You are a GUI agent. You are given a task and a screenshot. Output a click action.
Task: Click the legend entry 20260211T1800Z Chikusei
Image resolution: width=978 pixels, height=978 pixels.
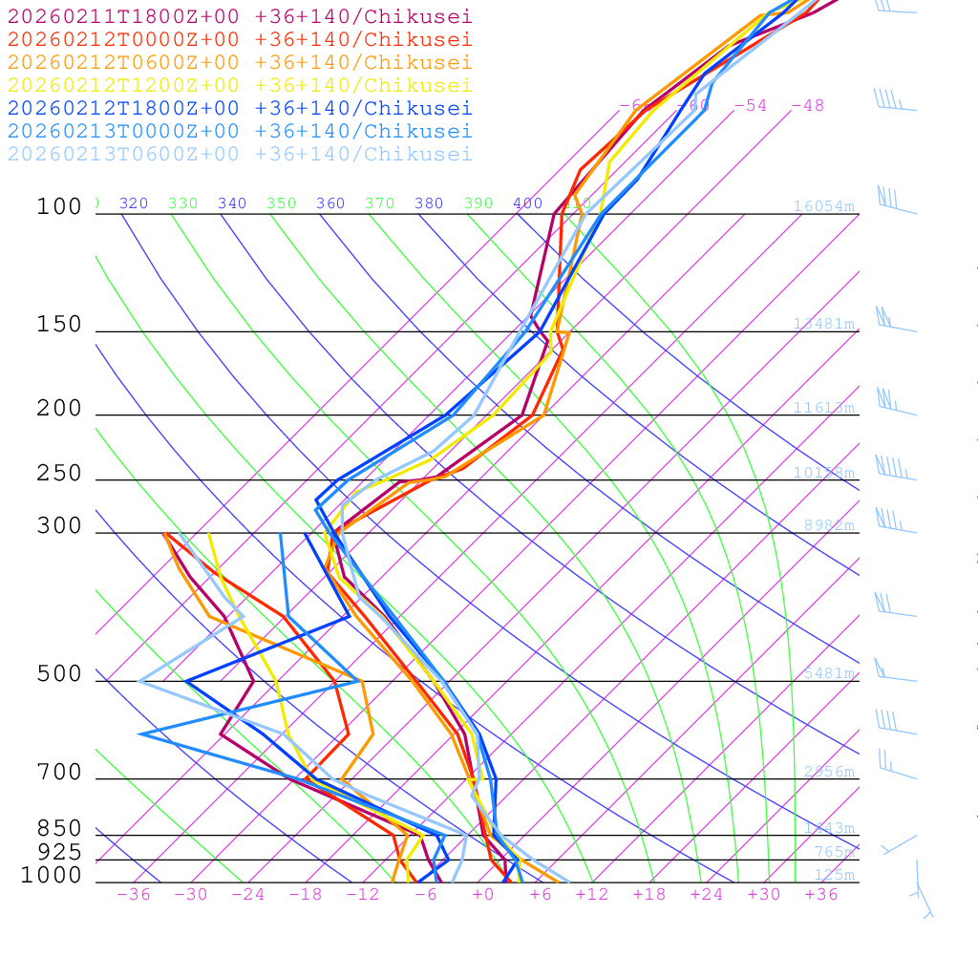(240, 16)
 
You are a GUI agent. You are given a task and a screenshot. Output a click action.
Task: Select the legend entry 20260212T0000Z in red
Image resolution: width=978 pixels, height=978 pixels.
(240, 39)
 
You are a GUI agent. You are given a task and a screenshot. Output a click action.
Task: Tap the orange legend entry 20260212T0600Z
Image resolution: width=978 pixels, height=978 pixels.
(240, 62)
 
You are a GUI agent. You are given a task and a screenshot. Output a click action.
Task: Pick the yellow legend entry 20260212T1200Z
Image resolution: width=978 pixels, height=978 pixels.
(240, 85)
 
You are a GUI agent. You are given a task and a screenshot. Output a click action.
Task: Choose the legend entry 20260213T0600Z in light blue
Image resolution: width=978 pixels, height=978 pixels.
(240, 154)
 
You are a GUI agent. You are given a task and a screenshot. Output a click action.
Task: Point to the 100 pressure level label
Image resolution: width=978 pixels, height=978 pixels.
(59, 206)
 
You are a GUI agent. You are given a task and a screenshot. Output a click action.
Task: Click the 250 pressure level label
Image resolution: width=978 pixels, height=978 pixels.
(59, 474)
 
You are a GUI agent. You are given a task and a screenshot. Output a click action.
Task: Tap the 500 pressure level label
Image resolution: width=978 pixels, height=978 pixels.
(59, 674)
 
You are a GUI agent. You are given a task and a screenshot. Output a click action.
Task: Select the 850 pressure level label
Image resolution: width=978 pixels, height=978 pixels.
(59, 829)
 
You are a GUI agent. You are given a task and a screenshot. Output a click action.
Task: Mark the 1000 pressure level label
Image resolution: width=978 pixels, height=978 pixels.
(52, 875)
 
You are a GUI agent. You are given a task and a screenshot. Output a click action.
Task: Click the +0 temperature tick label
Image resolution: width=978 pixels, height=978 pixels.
(482, 894)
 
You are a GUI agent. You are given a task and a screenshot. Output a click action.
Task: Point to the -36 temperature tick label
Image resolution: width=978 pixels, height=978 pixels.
(133, 894)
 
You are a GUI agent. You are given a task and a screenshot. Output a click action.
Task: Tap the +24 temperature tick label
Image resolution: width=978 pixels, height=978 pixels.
(707, 894)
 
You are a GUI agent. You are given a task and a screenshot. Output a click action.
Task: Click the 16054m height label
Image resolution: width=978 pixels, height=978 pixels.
(823, 206)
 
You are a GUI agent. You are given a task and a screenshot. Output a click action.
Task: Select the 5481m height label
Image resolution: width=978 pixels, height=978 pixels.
(828, 673)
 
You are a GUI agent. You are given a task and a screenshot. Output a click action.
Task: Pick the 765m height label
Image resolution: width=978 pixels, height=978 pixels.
(834, 852)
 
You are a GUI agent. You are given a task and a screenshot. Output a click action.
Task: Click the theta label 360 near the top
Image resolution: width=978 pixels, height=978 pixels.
(330, 203)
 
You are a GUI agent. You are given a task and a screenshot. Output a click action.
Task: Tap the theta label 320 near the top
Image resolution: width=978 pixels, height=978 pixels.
(134, 203)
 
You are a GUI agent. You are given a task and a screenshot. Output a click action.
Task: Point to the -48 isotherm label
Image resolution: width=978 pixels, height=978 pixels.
(807, 105)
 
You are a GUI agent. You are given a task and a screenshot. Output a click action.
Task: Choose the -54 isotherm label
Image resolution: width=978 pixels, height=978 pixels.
(750, 105)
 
